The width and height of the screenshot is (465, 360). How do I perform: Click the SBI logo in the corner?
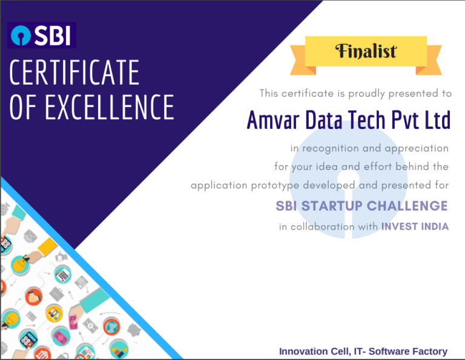[x=41, y=36]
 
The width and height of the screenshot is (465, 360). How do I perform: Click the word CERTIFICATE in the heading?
[x=74, y=73]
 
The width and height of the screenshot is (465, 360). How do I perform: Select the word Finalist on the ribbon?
[x=366, y=51]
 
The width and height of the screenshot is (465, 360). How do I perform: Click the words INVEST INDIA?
[x=415, y=226]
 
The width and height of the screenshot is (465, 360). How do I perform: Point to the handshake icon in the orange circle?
[x=33, y=297]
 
